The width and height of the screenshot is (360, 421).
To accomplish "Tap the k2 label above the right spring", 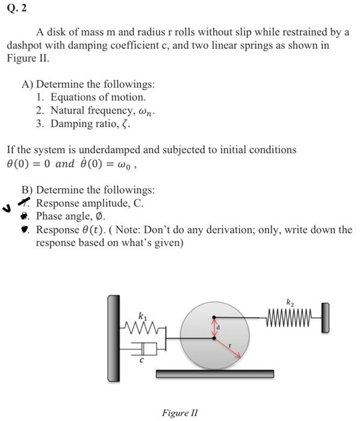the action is tap(290, 302).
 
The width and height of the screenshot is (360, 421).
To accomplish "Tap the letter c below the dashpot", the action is tap(142, 361).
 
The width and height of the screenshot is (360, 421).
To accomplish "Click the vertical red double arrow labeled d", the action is tap(214, 328).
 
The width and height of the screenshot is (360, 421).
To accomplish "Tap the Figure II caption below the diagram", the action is tap(179, 413).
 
